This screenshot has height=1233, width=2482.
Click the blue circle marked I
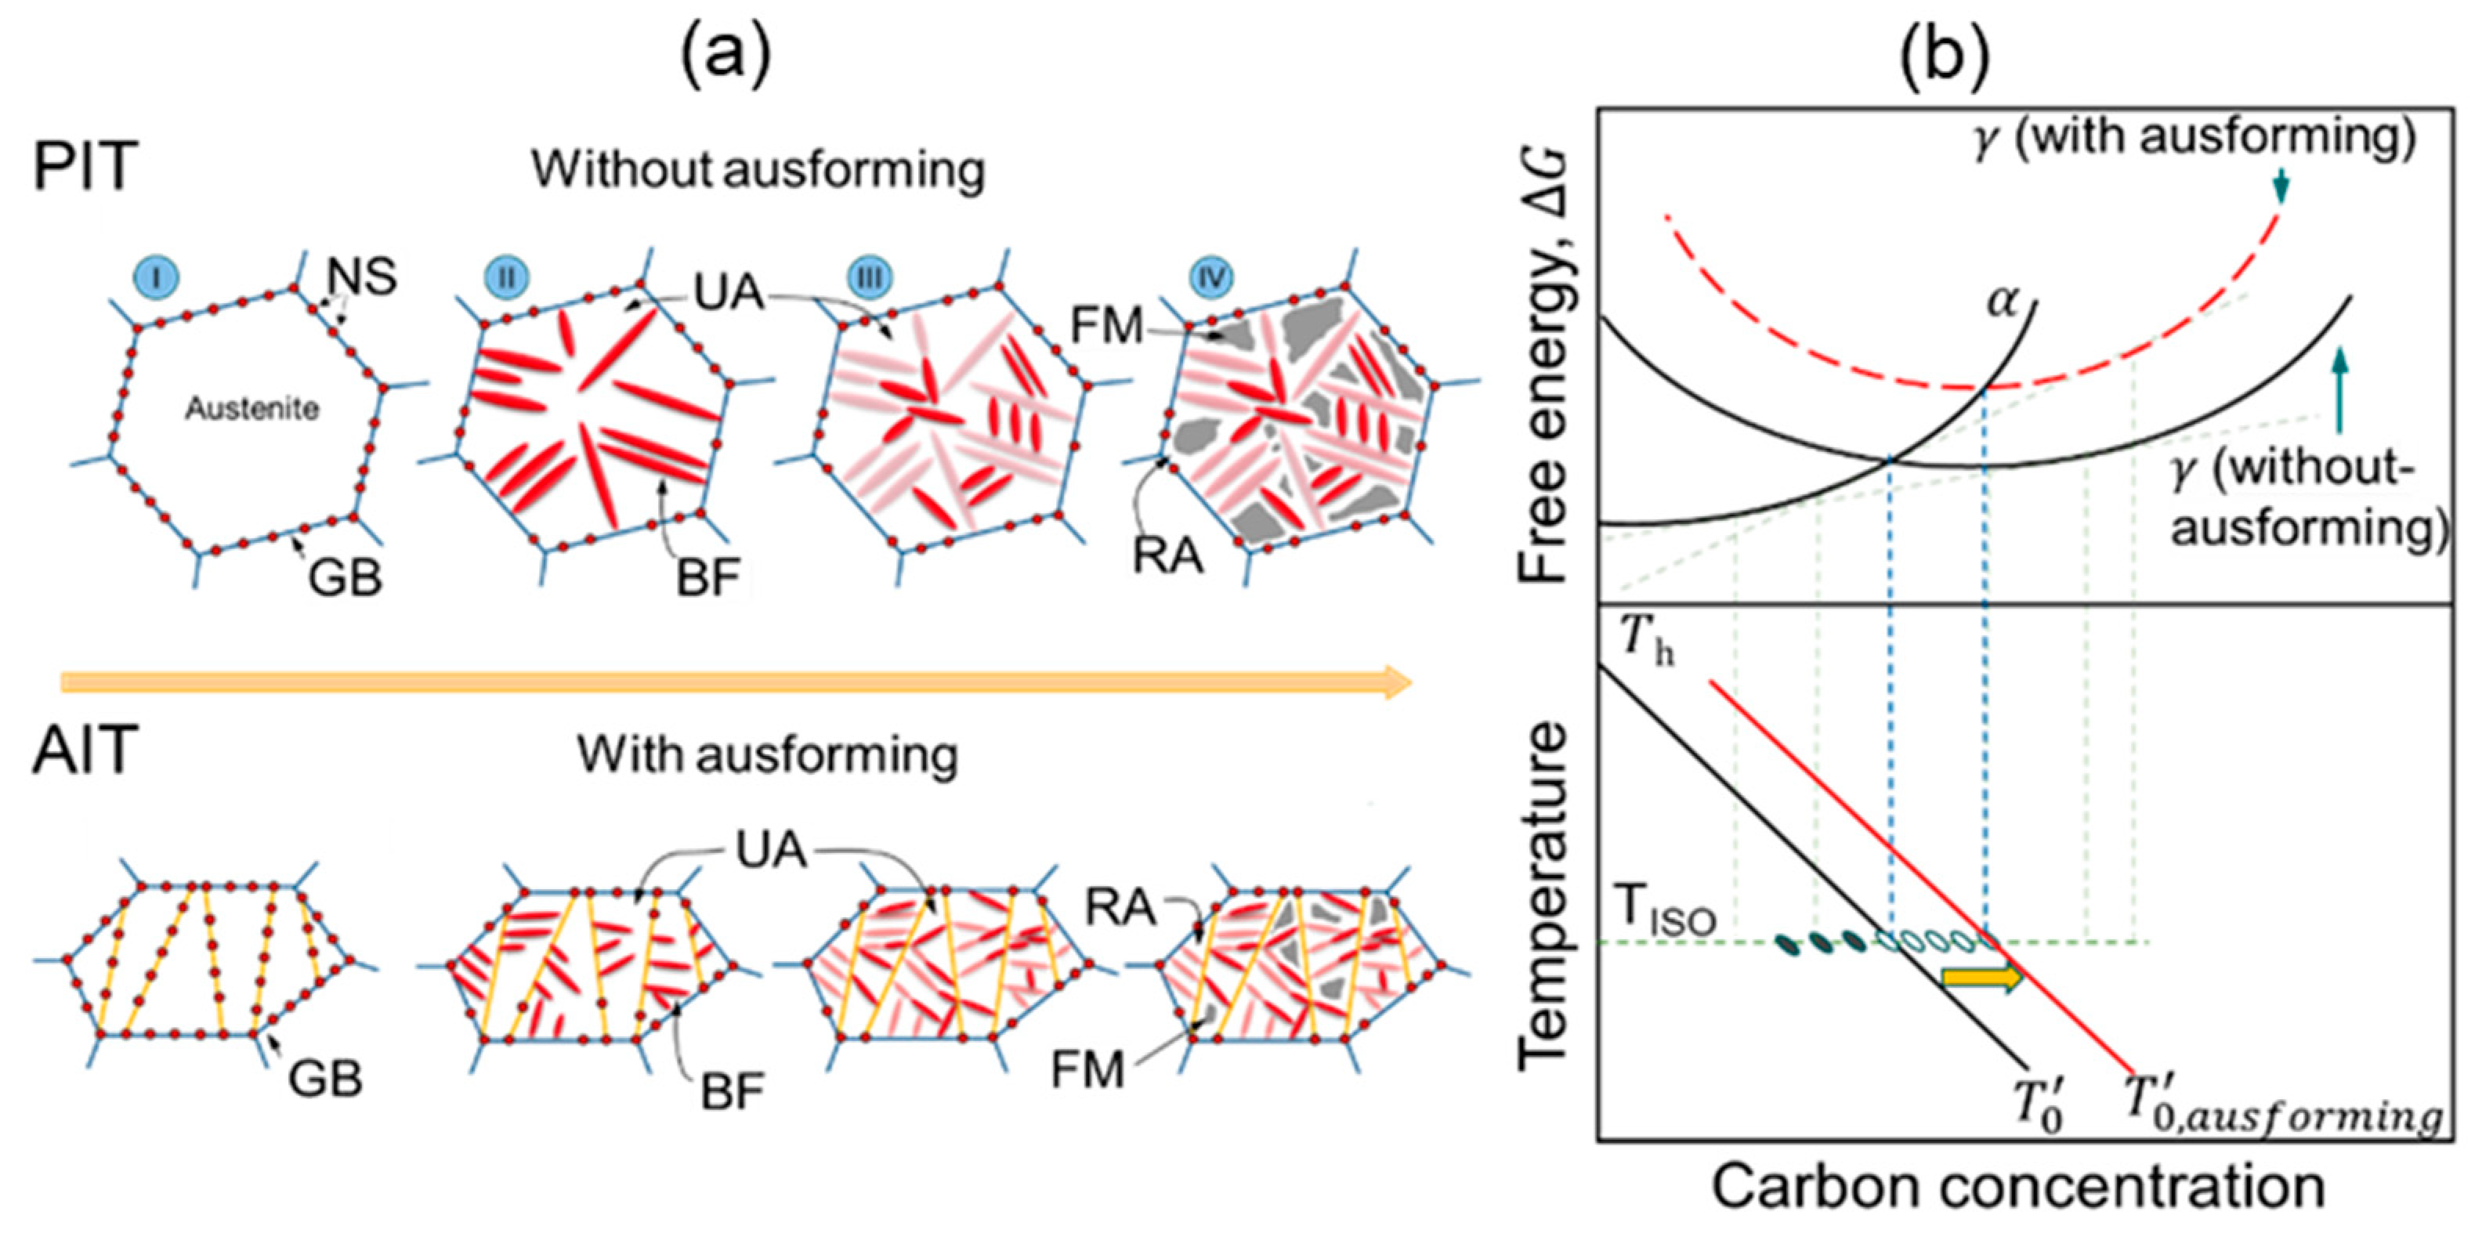tap(159, 277)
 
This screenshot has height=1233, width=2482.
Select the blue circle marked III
tap(870, 277)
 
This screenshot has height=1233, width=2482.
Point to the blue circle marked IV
tap(1211, 277)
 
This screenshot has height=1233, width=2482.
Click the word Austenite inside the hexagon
tap(252, 410)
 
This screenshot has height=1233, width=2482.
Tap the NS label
tap(362, 277)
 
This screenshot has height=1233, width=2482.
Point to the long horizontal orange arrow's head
tap(1397, 682)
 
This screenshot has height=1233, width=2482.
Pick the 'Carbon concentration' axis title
tap(2017, 1186)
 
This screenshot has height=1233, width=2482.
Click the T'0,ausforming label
tap(2284, 1117)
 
